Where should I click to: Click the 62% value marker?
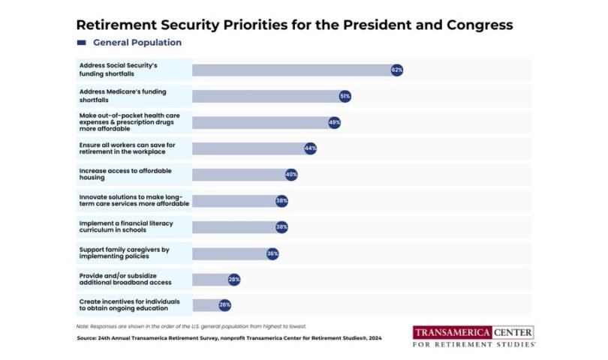(397, 70)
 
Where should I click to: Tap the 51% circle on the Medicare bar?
(345, 96)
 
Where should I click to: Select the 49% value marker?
(334, 122)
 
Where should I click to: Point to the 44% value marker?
(310, 148)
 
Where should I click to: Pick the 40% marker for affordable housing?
(291, 175)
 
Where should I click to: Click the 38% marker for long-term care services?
(281, 201)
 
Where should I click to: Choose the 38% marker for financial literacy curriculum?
(281, 227)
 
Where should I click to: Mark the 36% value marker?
(272, 253)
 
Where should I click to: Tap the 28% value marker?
(234, 280)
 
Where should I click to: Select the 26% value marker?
(224, 305)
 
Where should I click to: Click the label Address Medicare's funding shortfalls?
(123, 96)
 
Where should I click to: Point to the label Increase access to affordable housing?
(125, 175)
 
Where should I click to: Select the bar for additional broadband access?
(211, 280)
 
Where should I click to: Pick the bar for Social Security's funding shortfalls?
(293, 70)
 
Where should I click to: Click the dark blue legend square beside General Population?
(82, 43)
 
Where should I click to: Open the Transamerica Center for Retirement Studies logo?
(474, 337)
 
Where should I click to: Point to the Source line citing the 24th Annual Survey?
(229, 338)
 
